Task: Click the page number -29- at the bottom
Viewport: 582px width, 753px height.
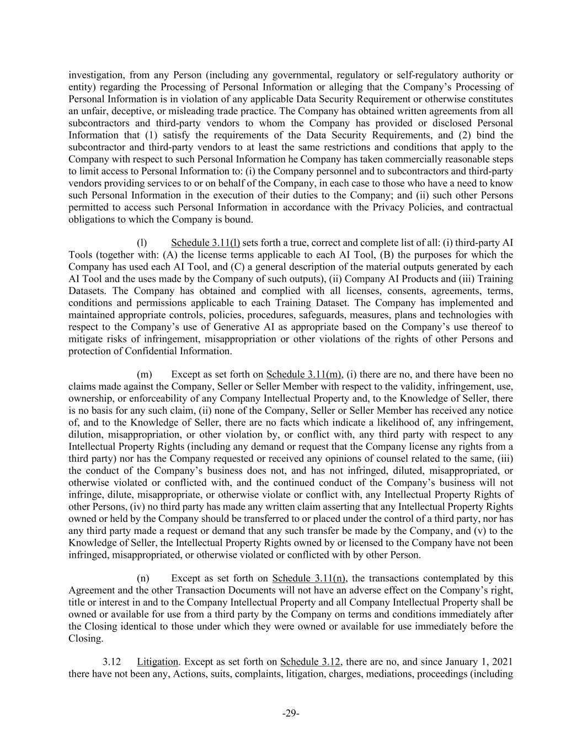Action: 291,713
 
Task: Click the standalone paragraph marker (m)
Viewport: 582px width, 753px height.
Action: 144,375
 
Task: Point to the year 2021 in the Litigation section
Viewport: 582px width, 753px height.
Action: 503,662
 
